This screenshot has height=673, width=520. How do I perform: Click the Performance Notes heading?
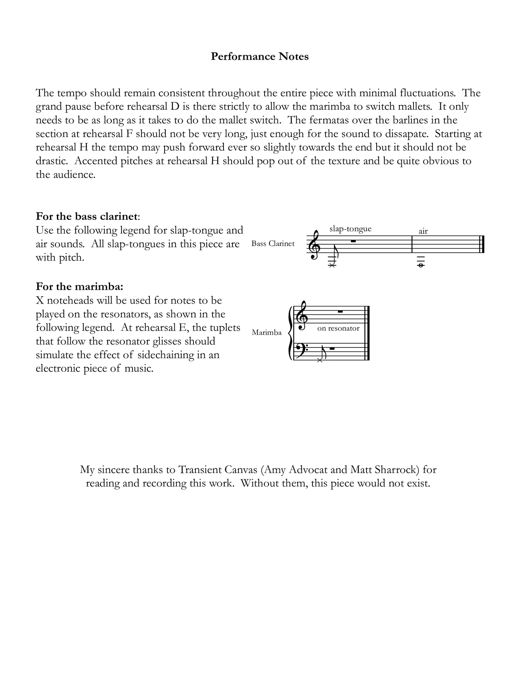point(260,56)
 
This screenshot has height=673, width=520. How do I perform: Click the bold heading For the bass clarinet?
point(87,216)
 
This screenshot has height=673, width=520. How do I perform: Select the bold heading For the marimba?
point(79,287)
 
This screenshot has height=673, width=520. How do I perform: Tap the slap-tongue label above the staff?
point(350,229)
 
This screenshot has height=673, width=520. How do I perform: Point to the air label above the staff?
point(423,231)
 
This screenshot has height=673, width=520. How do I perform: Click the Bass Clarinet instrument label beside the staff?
point(273,244)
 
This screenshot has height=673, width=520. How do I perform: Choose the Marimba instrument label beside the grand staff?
point(266,332)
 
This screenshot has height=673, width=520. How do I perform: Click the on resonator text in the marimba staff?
point(338,328)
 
